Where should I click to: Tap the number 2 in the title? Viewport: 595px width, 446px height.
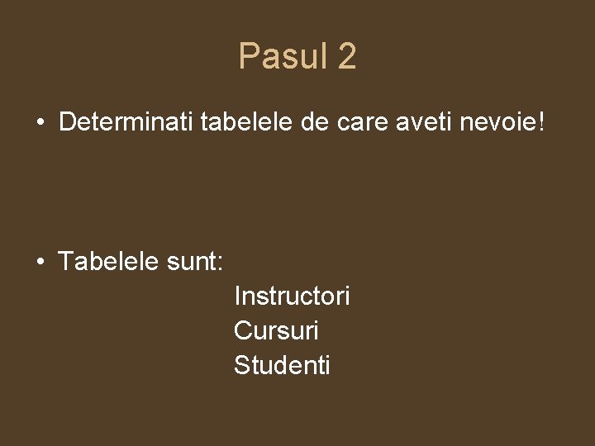pos(347,57)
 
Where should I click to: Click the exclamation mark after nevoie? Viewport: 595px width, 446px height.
pos(541,123)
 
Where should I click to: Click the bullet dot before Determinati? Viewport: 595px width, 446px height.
pos(40,124)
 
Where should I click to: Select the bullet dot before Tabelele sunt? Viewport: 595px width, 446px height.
pos(40,263)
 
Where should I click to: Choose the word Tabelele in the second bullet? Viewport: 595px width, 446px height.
pos(107,262)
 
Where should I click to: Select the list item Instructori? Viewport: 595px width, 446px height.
pos(292,295)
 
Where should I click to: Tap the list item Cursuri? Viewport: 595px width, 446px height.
pos(276,330)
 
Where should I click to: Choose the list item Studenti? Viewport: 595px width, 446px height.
pos(282,365)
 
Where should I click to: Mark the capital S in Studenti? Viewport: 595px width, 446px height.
pos(241,365)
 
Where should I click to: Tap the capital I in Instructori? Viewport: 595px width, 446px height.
pos(237,295)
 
